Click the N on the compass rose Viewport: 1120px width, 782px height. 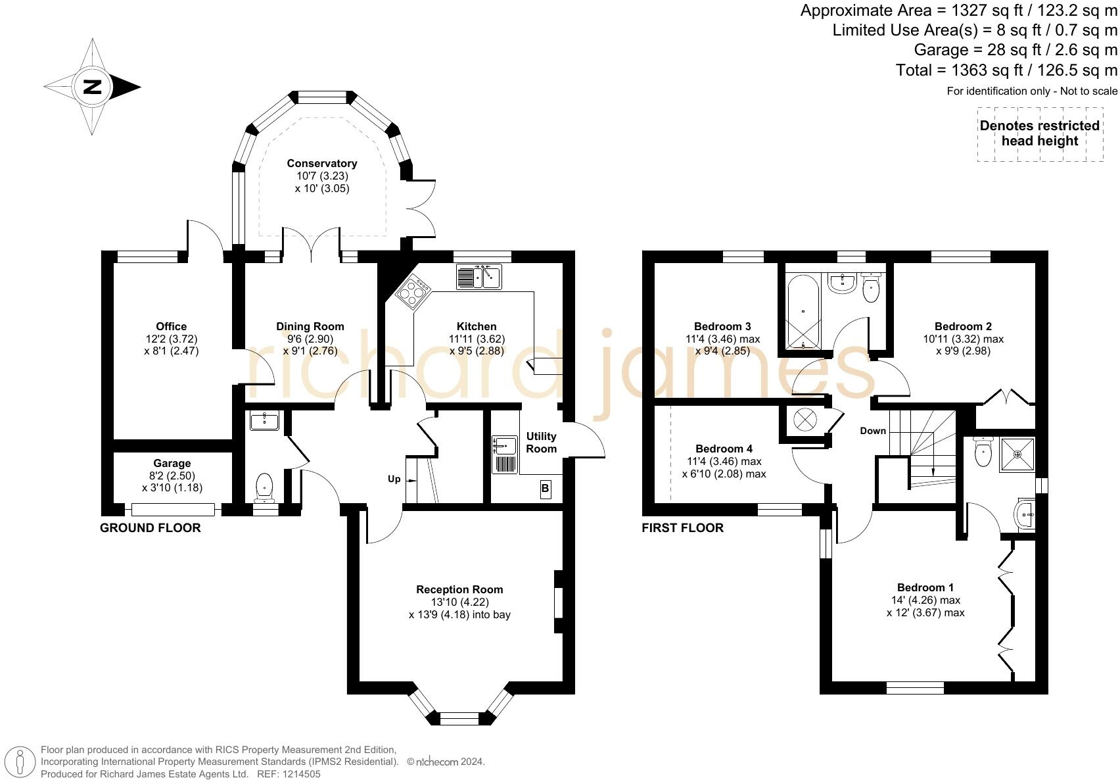click(x=92, y=87)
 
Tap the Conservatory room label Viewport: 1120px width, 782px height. click(x=322, y=163)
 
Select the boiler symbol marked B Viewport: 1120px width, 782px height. click(x=546, y=489)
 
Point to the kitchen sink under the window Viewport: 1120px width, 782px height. click(x=479, y=277)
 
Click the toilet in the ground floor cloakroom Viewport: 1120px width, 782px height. click(x=264, y=488)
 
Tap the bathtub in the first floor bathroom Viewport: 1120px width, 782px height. click(x=803, y=311)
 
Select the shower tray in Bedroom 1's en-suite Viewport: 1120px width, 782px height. click(x=1017, y=454)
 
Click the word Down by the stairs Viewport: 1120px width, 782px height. click(x=872, y=431)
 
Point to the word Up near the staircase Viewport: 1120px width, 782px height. click(x=394, y=479)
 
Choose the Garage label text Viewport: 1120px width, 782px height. click(x=172, y=463)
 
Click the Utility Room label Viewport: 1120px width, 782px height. click(x=541, y=442)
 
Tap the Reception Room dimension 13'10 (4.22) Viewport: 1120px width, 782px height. click(x=459, y=602)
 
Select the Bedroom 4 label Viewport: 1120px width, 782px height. click(x=724, y=449)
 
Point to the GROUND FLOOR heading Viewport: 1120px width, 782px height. click(x=150, y=528)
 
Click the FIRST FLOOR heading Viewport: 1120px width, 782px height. click(x=682, y=528)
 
